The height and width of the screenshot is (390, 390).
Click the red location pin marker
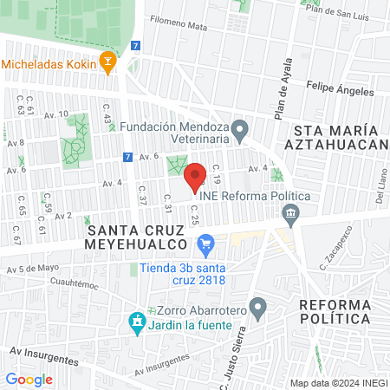pos(196,176)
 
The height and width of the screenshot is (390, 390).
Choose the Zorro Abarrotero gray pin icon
pos(257,307)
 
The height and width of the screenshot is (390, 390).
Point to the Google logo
pos(29,379)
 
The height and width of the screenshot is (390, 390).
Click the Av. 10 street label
pos(56,114)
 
